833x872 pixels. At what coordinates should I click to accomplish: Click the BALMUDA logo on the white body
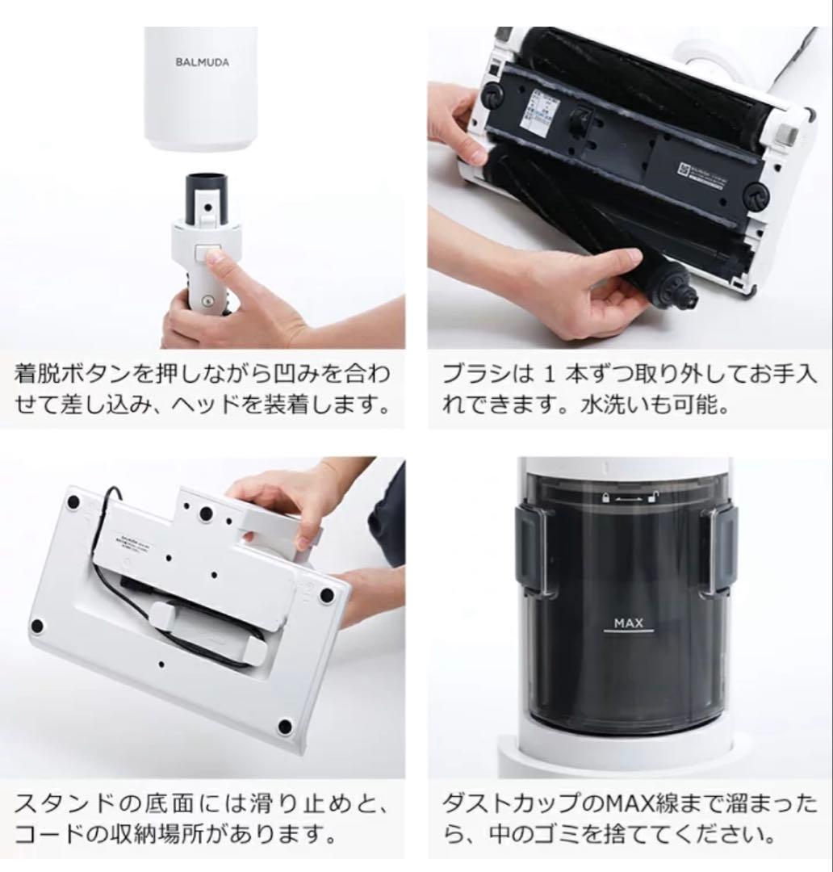coord(202,61)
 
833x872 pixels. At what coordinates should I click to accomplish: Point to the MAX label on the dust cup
coord(627,623)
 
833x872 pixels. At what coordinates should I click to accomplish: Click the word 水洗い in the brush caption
coord(609,405)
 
